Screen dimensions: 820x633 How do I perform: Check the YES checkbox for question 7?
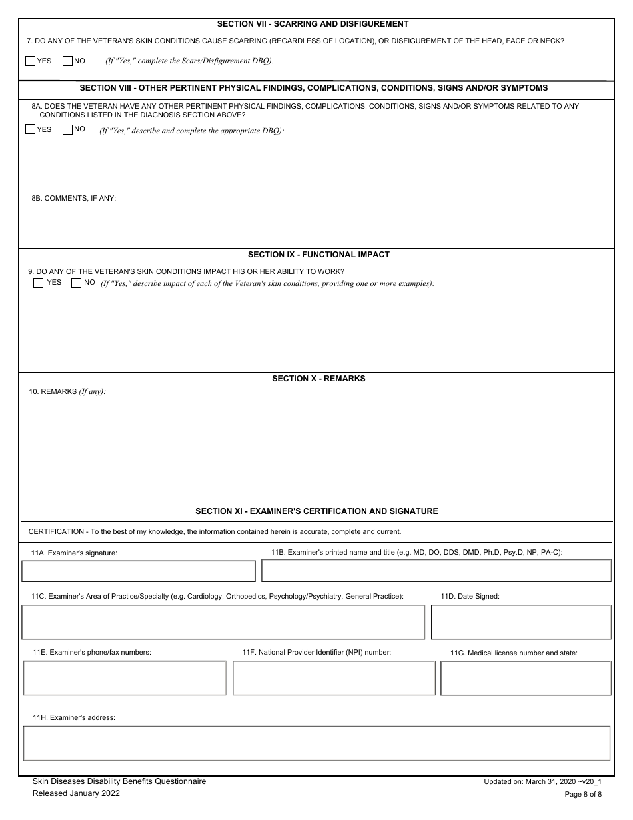(30, 61)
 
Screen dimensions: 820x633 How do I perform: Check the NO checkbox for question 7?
(67, 61)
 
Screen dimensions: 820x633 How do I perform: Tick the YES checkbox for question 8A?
(30, 129)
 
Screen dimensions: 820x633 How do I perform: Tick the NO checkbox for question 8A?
(67, 129)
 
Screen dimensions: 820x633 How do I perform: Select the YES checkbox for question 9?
(39, 283)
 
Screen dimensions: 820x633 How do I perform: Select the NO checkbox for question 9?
(76, 283)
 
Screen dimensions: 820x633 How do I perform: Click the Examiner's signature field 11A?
(139, 571)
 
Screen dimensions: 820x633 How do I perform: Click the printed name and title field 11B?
(436, 571)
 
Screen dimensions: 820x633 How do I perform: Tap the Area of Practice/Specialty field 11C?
(223, 622)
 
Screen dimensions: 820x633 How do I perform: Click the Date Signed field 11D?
(521, 622)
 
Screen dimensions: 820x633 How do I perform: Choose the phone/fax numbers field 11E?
(125, 678)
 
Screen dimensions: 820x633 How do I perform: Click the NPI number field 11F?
(334, 678)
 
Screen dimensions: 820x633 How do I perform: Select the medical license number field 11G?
(526, 678)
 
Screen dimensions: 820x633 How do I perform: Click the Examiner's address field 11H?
(316, 743)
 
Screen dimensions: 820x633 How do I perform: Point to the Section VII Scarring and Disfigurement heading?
(317, 24)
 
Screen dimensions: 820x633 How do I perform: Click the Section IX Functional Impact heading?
(318, 255)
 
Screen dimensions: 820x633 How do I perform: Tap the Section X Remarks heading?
(318, 379)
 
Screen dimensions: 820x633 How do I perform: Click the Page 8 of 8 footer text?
(583, 794)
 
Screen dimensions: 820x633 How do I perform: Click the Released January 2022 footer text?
(77, 793)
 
